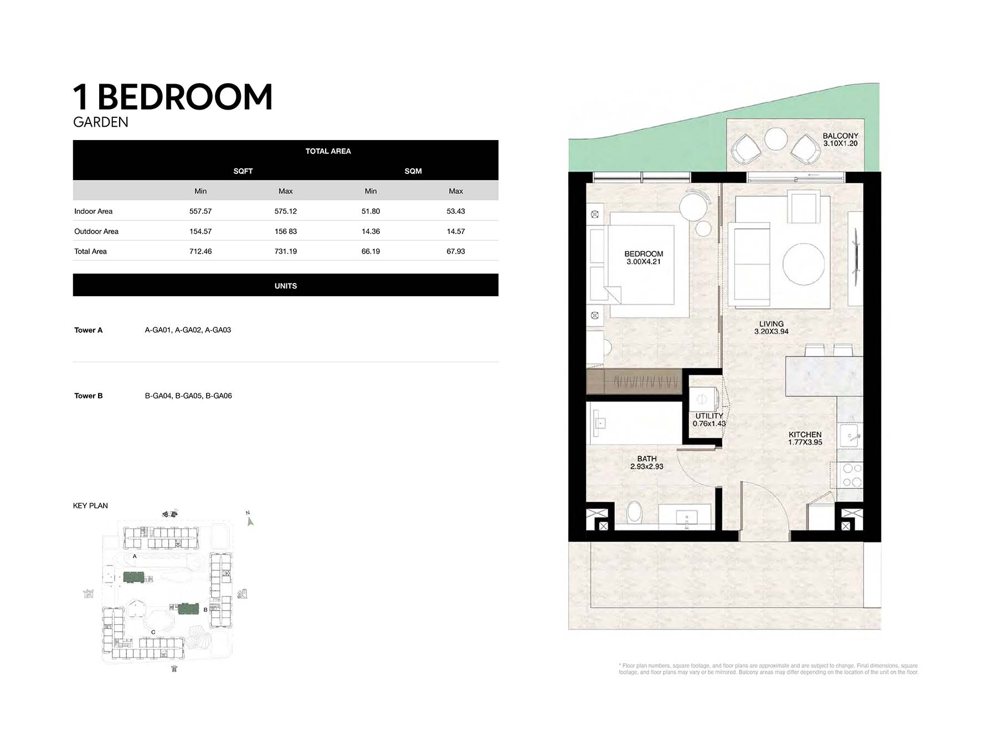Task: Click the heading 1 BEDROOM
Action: (x=173, y=97)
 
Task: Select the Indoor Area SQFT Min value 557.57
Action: (x=201, y=212)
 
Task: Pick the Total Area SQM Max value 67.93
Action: (x=456, y=251)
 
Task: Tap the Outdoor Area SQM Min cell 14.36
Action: (x=371, y=231)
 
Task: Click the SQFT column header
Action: (x=243, y=171)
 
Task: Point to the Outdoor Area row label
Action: (x=96, y=231)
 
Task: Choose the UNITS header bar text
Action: (x=286, y=286)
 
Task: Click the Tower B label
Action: (x=89, y=396)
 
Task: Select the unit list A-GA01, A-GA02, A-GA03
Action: (x=188, y=330)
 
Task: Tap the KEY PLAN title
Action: (x=90, y=506)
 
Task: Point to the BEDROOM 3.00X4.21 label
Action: (x=644, y=258)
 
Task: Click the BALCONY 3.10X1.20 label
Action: (x=840, y=140)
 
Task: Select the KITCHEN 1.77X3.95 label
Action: (x=805, y=439)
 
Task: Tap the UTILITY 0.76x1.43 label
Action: (x=709, y=420)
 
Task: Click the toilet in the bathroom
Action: (x=634, y=512)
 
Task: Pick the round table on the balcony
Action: (x=775, y=139)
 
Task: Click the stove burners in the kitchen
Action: (x=851, y=475)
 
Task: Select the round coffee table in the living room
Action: (x=804, y=264)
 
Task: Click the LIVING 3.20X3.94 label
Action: (x=771, y=328)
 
